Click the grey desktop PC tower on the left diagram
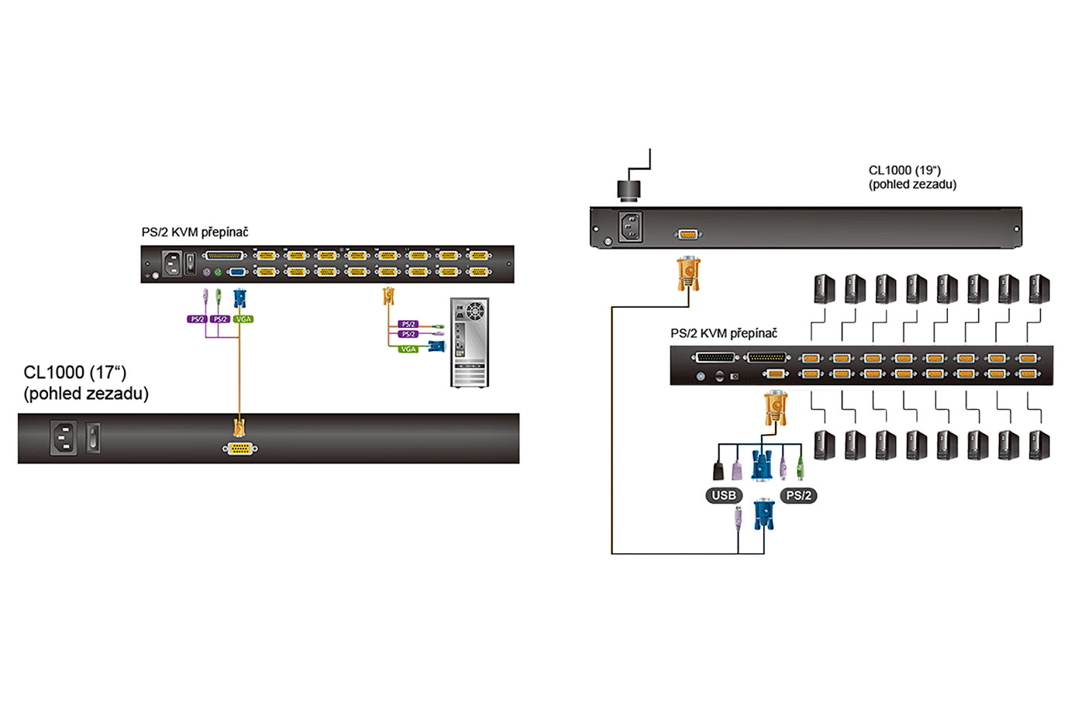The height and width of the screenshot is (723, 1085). point(470,343)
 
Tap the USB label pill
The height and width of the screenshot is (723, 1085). point(724,495)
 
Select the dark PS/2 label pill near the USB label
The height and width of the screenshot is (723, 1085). point(798,495)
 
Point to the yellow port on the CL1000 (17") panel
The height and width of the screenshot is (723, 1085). point(240,449)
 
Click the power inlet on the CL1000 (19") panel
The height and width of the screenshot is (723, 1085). point(630,226)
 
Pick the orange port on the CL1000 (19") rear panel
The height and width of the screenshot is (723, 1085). point(688,234)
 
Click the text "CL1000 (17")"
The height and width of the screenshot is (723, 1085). point(75,373)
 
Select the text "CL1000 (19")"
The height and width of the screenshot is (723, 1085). point(904,170)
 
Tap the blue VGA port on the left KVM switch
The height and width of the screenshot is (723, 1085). point(238,272)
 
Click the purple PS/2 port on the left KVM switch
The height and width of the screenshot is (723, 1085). point(206,272)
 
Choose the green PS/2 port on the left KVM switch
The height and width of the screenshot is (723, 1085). point(218,272)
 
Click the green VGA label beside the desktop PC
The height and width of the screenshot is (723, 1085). point(408,349)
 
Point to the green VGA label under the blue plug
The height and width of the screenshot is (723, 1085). point(243,319)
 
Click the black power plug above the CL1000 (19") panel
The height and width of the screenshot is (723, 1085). point(629,189)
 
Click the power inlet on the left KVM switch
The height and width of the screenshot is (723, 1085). point(171,263)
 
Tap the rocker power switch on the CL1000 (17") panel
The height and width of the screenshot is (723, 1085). point(93,437)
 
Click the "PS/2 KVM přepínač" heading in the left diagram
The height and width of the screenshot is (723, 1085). point(195,232)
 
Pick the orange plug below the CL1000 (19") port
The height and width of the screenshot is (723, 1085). point(688,273)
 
